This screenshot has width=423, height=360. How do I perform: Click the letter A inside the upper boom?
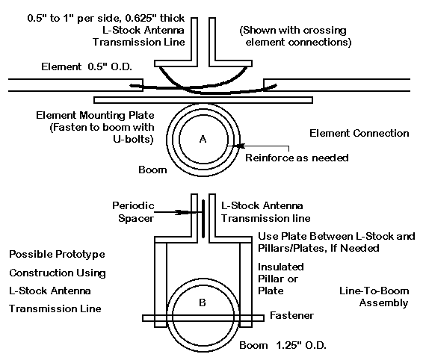[x=203, y=139]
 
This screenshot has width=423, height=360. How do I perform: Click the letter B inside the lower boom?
[x=203, y=302]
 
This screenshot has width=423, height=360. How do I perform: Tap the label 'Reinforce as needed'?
[x=297, y=158]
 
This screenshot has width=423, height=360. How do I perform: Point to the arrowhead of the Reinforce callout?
[x=238, y=146]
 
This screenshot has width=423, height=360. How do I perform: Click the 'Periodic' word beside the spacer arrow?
[x=133, y=205]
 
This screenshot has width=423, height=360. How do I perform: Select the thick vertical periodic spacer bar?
[x=203, y=219]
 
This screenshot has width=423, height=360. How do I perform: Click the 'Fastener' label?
[x=292, y=315]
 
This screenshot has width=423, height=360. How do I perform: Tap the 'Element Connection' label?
[x=359, y=133]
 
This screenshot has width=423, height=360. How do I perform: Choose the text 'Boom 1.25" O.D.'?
[x=282, y=345]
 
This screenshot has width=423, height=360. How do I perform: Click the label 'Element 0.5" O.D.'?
[x=87, y=66]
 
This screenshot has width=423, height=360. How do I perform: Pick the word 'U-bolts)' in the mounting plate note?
[x=133, y=139]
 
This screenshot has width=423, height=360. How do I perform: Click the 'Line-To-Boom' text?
[x=374, y=291]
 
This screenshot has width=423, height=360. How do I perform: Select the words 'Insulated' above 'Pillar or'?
[x=281, y=267]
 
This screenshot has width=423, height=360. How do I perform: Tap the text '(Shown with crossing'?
[x=293, y=30]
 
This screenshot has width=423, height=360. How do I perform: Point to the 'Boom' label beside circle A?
[x=152, y=170]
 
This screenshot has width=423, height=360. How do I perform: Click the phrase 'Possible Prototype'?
[x=57, y=254]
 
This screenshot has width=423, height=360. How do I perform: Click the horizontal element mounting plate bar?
[x=203, y=100]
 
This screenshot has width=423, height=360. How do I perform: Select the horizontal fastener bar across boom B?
[x=203, y=318]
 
